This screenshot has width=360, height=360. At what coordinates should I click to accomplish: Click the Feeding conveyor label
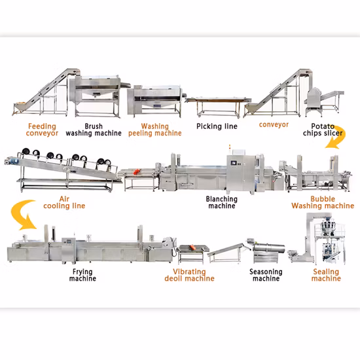coord(43,129)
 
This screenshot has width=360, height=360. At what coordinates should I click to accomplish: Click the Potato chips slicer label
coord(321,129)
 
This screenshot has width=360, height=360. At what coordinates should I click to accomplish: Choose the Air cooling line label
coord(63,202)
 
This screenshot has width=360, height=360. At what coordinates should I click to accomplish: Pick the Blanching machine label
coord(221,202)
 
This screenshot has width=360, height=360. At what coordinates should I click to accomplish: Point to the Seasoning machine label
coord(266,275)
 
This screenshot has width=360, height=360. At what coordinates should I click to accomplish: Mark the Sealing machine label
coord(325,275)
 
